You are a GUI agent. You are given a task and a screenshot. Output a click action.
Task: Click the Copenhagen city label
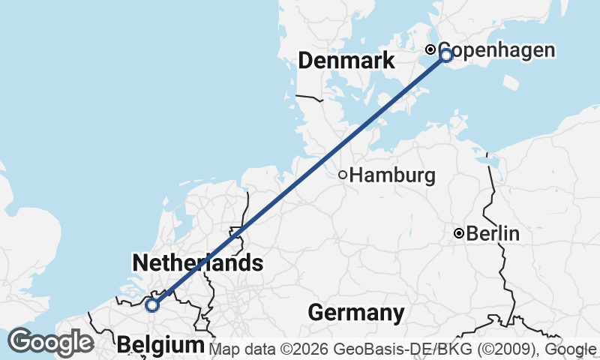pyautogui.click(x=496, y=50)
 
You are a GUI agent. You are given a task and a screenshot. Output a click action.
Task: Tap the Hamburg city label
pyautogui.click(x=392, y=176)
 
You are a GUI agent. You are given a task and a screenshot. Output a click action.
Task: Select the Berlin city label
pyautogui.click(x=493, y=234)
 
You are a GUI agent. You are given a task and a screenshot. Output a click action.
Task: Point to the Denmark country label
pyautogui.click(x=346, y=61)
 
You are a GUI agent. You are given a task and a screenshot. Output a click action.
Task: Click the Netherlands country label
pyautogui.click(x=197, y=263)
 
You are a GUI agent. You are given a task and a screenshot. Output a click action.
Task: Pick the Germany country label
pyautogui.click(x=355, y=312)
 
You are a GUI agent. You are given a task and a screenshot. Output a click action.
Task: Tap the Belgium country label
pyautogui.click(x=160, y=345)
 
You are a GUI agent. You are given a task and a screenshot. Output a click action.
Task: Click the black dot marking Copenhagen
pyautogui.click(x=430, y=49)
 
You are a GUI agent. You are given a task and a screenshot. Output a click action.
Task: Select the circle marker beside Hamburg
pyautogui.click(x=343, y=175)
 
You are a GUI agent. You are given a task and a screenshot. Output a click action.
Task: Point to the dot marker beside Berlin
pyautogui.click(x=459, y=234)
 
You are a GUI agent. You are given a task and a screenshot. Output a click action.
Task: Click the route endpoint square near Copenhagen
pyautogui.click(x=446, y=55)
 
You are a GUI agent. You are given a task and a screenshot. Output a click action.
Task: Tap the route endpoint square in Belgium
pyautogui.click(x=152, y=304)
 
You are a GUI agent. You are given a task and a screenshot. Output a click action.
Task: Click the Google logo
pyautogui.click(x=50, y=342)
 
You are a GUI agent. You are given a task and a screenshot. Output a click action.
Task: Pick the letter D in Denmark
pyautogui.click(x=305, y=61)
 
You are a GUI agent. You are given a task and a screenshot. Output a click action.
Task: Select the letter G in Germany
pyautogui.click(x=315, y=312)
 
